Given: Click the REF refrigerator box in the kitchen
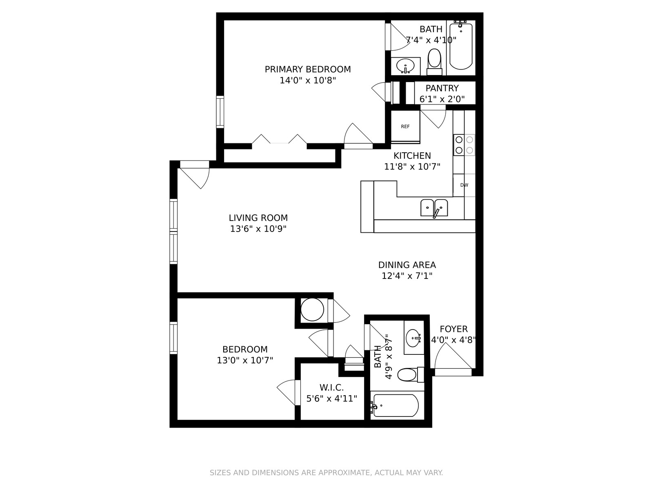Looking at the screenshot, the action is [x=405, y=127].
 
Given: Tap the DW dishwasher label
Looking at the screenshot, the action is [x=464, y=185].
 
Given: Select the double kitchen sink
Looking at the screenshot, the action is [x=434, y=208].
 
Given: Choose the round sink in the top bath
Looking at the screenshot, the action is [x=405, y=66].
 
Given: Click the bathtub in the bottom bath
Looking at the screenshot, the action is [x=395, y=405].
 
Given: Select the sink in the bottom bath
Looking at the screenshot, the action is [x=413, y=338].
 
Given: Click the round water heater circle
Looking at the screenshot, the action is [x=312, y=310].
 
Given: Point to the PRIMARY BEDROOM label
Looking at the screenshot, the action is [x=308, y=69].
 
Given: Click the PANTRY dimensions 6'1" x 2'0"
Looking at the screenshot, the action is [x=442, y=99].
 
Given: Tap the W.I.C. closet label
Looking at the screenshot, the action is [x=331, y=388].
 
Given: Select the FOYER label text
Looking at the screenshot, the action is [x=453, y=329].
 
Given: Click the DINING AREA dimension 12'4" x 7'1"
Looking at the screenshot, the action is [x=406, y=276].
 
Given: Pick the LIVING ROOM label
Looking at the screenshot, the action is [x=258, y=218].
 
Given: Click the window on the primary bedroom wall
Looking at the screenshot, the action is [x=220, y=112].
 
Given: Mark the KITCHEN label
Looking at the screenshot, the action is [x=412, y=156].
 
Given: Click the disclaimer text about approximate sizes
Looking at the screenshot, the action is [x=326, y=473].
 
